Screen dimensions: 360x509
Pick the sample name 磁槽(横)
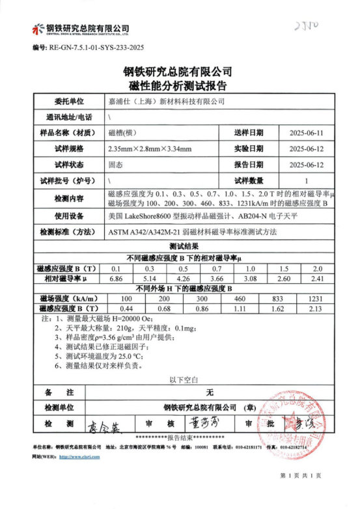coord(121,133)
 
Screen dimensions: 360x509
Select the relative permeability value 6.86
coord(117,278)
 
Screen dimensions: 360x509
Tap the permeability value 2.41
coord(318,278)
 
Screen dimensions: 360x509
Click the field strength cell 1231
coord(318,297)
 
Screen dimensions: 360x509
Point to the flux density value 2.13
coord(318,307)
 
